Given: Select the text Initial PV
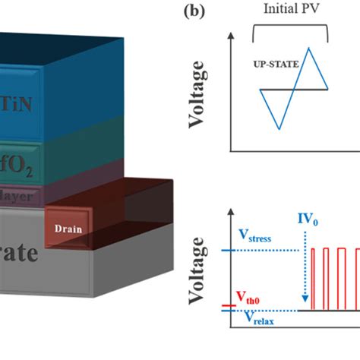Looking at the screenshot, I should point(289,11).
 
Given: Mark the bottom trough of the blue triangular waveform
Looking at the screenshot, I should point(280,129).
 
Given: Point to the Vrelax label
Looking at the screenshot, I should point(258,318).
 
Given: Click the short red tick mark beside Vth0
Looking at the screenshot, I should point(225,306).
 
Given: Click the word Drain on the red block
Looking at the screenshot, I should point(72,226).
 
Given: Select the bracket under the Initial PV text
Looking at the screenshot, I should point(289,27).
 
